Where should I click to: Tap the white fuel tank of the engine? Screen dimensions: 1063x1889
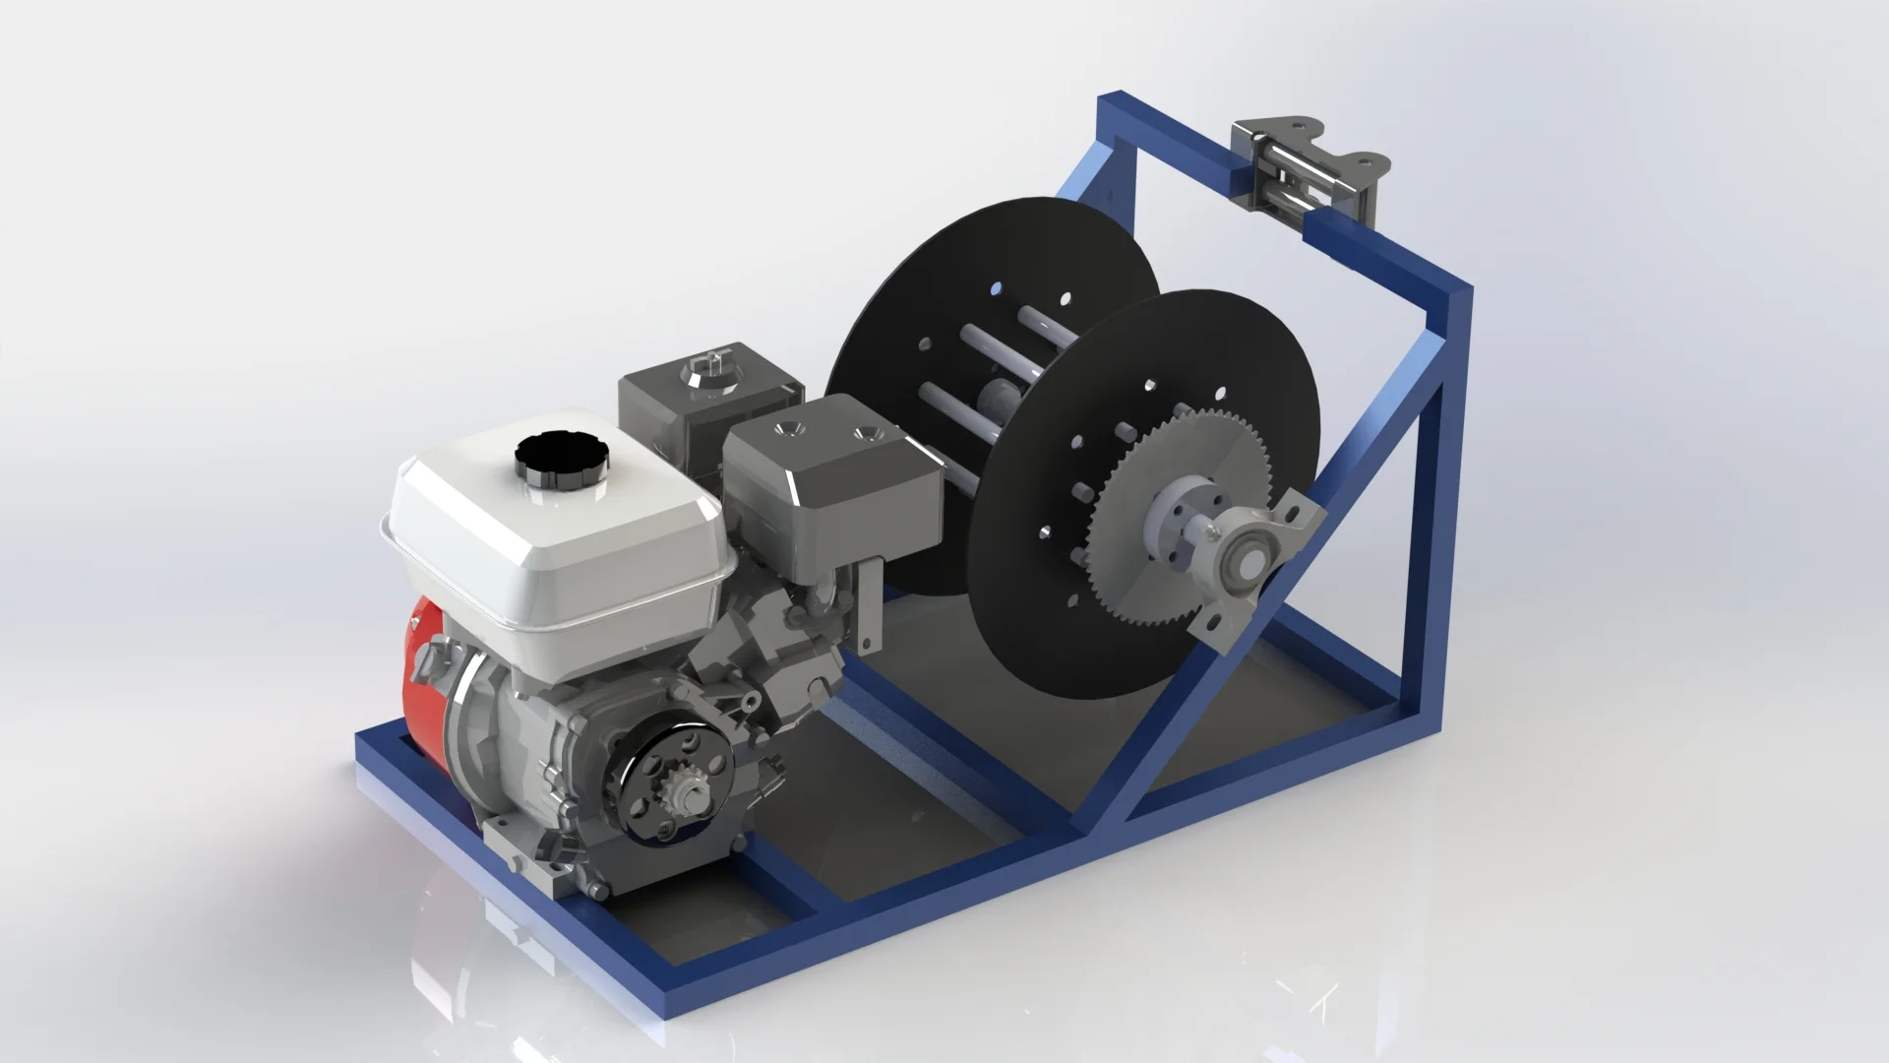551,551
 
